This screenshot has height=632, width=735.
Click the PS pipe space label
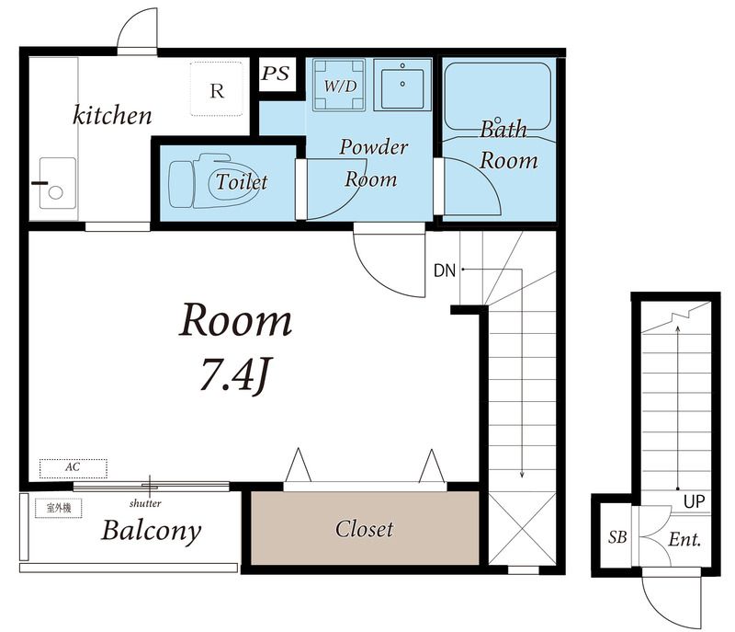pos(276,74)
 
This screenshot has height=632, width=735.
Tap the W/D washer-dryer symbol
pos(340,85)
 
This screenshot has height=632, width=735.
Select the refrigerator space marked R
pos(217,89)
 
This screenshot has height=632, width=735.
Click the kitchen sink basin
pos(57,183)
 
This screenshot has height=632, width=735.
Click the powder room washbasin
pos(402,85)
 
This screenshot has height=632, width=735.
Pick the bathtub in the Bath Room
pos(497,97)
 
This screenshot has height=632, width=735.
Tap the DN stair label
pos(445,270)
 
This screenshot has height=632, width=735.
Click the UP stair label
pos(695,501)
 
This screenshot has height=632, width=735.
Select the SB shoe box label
pos(617,536)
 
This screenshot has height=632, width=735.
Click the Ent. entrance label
pos(684,539)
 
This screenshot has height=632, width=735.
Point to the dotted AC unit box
pos(73,468)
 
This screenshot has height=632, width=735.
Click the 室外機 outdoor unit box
pos(59,508)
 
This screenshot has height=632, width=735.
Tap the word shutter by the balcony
pos(145,503)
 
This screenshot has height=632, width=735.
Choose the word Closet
pos(364,529)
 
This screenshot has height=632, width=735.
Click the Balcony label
pos(151,532)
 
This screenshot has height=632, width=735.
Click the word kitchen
pos(112,115)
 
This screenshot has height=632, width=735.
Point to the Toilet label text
pos(242,181)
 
